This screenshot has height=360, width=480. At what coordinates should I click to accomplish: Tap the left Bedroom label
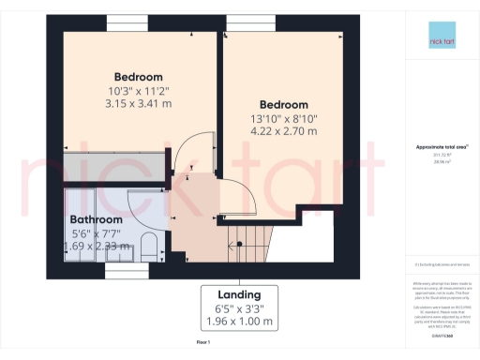(x=139, y=77)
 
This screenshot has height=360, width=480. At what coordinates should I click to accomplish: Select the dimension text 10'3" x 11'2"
(x=139, y=92)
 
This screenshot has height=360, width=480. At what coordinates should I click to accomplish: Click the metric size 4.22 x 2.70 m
(x=283, y=132)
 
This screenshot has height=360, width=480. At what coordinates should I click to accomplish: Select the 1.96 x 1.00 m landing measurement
(x=238, y=321)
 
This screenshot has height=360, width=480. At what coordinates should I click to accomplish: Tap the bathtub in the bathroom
(x=94, y=225)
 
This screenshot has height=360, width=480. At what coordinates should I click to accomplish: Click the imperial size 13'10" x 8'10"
(x=283, y=118)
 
